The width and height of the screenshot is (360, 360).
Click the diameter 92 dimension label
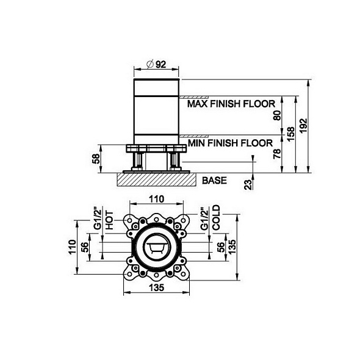157,64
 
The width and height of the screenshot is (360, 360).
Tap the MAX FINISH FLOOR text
231,104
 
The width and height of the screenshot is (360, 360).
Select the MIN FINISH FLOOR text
230,143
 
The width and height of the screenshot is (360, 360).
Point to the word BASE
214,181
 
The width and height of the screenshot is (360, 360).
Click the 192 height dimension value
303,125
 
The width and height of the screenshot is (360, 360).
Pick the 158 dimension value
290,134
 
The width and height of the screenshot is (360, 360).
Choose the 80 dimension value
278,115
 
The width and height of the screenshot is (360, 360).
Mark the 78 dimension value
278,154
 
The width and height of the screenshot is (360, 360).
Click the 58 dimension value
96,159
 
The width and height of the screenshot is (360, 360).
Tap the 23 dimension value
248,185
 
